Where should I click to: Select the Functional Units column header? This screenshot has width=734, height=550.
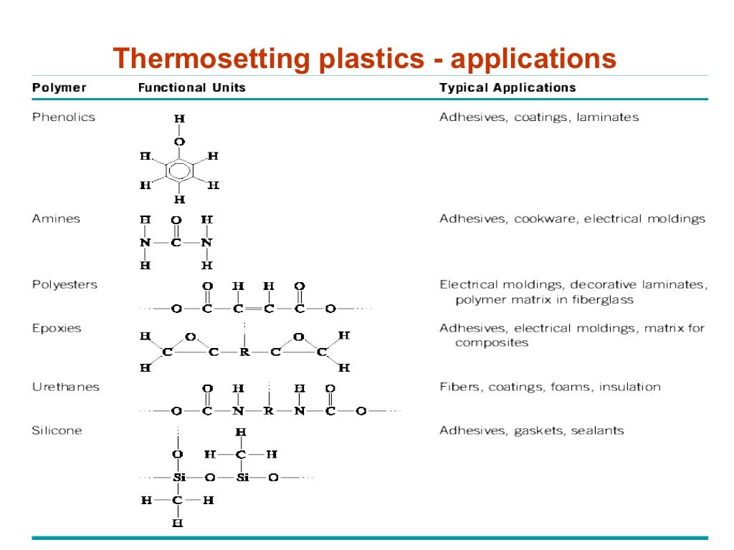[x=191, y=88]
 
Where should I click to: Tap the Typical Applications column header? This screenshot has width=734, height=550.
[x=507, y=88]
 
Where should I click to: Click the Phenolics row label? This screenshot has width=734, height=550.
[x=63, y=117]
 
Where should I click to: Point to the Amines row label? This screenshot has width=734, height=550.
[x=56, y=218]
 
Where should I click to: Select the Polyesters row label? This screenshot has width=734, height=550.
[x=65, y=284]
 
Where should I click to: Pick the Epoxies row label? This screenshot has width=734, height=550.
[x=57, y=328]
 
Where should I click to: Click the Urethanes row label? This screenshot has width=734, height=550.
[x=65, y=387]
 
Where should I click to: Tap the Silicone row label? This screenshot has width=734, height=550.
[x=57, y=430]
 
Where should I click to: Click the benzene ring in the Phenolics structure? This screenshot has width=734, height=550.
[x=179, y=170]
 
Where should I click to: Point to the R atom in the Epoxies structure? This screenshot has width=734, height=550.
[x=244, y=352]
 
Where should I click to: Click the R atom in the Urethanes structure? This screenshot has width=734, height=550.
[x=269, y=410]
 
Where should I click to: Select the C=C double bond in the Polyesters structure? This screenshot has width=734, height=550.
[x=254, y=309]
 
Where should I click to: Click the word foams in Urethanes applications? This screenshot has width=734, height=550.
[x=570, y=387]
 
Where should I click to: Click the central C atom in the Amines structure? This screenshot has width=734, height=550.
[x=176, y=242]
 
